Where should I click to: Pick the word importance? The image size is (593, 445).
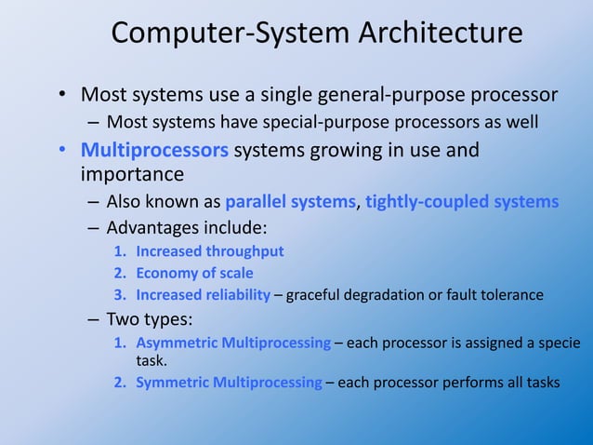point(132,174)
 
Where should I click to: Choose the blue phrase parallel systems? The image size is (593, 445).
point(291,201)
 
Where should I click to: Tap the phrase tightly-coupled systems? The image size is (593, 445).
point(462,201)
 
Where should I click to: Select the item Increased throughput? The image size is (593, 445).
point(210,250)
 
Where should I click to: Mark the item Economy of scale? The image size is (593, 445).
point(194,273)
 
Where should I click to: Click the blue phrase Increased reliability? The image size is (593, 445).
point(204,296)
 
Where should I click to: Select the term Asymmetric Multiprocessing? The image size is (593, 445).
point(233,343)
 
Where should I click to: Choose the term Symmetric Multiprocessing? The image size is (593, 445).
point(229,382)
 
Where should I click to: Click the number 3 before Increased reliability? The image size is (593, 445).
point(118,296)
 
